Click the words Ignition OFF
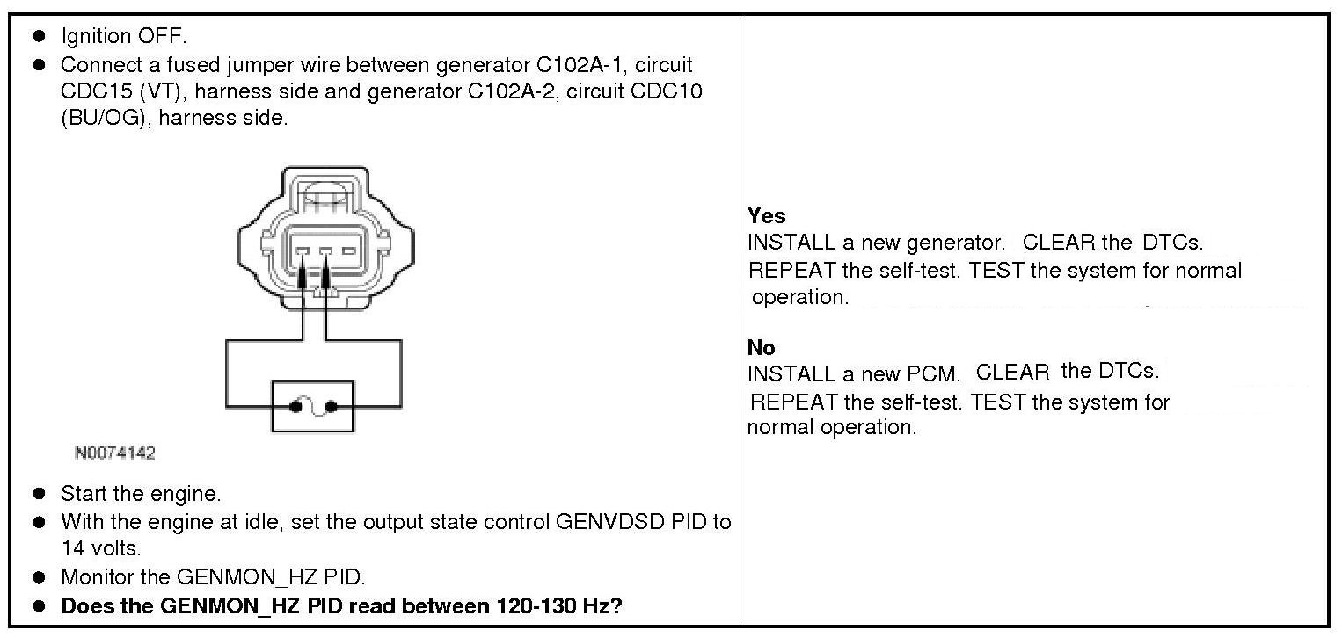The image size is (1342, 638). tap(123, 37)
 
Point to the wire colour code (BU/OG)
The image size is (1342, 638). tap(100, 118)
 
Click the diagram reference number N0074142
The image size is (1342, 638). tap(114, 453)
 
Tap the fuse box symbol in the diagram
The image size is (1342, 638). tap(312, 406)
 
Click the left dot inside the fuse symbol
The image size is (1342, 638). tap(295, 407)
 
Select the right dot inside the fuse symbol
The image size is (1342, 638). tap(332, 407)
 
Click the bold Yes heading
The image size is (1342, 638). tap(766, 216)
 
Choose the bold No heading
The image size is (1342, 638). tap(761, 348)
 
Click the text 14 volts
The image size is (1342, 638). tap(100, 548)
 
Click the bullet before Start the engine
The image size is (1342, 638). tap(40, 495)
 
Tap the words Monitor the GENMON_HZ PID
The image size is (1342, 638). tap(212, 577)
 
